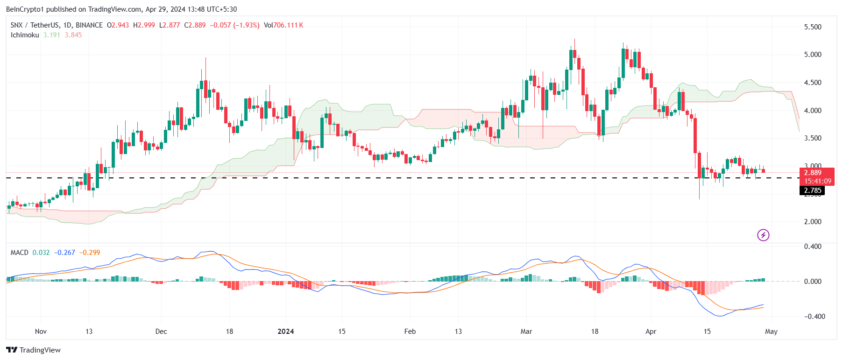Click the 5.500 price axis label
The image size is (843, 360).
coord(812,27)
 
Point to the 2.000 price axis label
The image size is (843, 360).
coord(812,222)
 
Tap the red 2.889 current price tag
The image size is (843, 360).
coord(813,173)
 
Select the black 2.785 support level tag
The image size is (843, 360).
coord(813,191)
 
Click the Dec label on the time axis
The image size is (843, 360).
coord(161,332)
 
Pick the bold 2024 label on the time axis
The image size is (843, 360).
coord(285,332)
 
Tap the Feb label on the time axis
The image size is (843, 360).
coord(410,332)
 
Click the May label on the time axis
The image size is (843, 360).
coord(771,332)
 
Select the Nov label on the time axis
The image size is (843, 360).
coord(41,332)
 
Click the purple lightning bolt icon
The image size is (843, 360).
coord(763,235)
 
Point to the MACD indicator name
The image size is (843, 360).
coord(20,253)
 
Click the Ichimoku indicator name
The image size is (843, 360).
coord(25,35)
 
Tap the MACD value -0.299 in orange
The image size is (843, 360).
coord(90,253)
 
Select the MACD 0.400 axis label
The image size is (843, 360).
coord(813,247)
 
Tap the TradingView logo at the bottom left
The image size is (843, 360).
coord(33,350)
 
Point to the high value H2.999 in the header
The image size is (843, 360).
coord(144,25)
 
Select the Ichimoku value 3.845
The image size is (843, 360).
coord(73,35)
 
